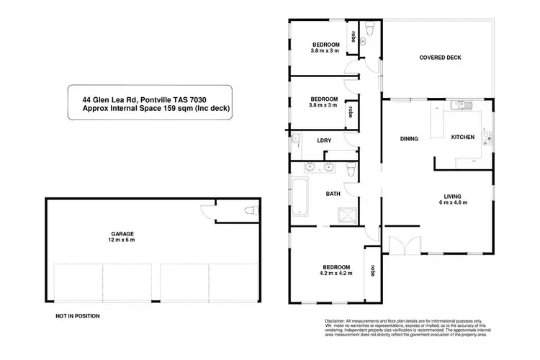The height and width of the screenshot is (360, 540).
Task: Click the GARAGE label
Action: tap(122, 233)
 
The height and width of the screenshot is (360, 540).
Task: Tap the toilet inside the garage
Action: tap(249, 211)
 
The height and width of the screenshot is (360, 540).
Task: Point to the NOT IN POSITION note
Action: tap(77, 316)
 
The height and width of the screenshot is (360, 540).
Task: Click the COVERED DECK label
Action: tap(440, 58)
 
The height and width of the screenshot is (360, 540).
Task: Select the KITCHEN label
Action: tap(462, 137)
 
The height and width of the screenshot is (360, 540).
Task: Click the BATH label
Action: tap(333, 194)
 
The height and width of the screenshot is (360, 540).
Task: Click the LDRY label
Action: tap(324, 140)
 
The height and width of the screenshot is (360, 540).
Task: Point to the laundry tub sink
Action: tap(296, 140)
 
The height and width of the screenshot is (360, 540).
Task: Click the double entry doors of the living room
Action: tap(401, 245)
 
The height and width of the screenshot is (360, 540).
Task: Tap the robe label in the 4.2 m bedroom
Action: tap(372, 271)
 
